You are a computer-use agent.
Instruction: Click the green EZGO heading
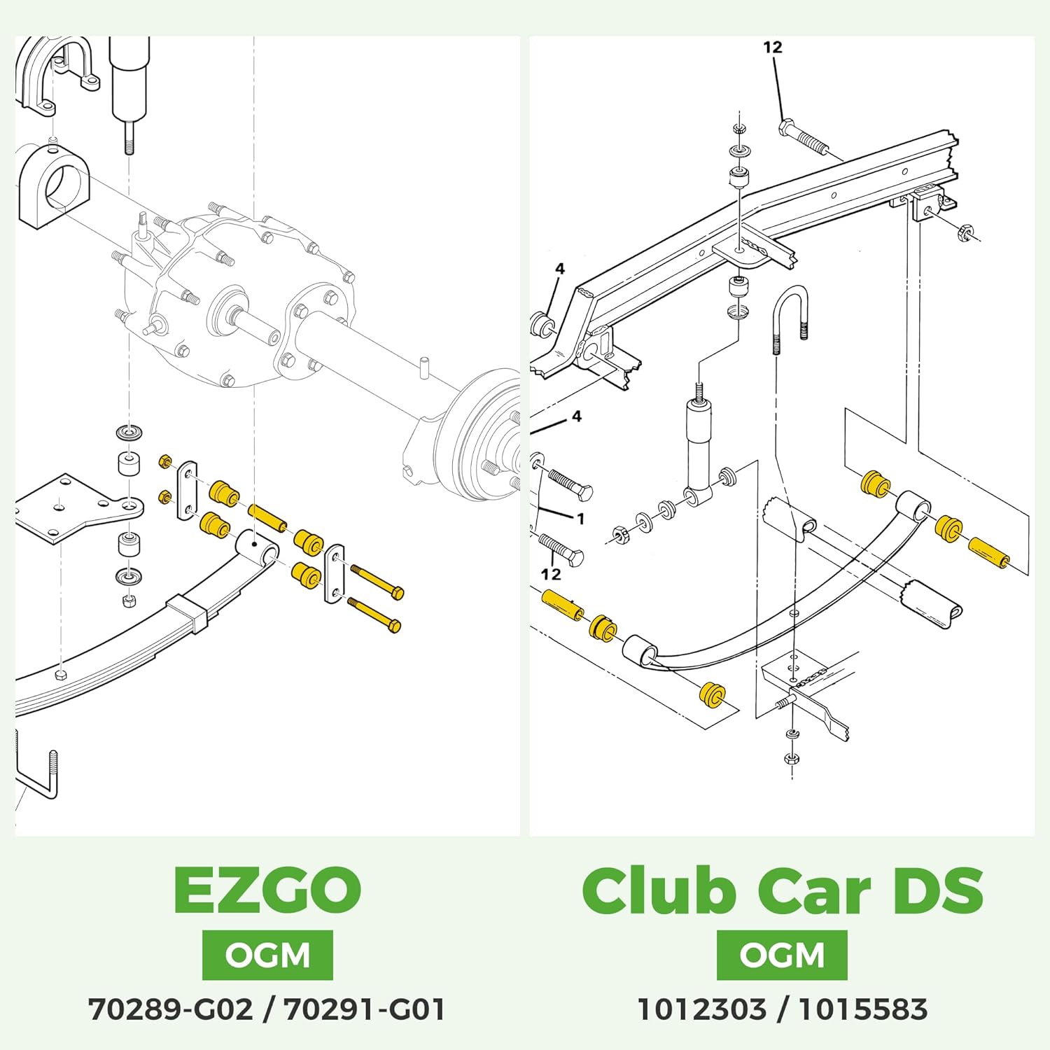coord(267,889)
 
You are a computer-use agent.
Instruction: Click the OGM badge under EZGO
coord(267,955)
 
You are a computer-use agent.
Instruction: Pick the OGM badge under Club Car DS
coord(782,955)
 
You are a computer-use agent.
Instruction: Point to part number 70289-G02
coord(170,1010)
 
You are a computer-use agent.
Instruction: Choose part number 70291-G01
coord(365,1010)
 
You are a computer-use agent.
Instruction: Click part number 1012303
coord(701,1010)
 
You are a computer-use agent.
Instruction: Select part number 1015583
coord(863,1010)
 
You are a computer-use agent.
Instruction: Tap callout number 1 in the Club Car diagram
coord(580,519)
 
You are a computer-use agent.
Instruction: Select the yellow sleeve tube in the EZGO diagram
coord(267,518)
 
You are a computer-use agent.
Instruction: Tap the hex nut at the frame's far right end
coord(963,232)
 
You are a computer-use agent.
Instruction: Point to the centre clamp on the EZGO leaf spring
coord(189,613)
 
